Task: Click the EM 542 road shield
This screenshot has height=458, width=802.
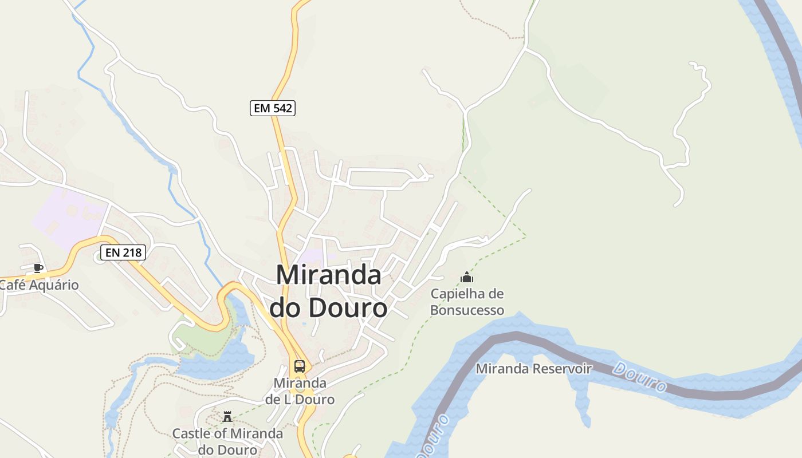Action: [273, 108]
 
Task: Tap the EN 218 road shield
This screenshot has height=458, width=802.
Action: [123, 252]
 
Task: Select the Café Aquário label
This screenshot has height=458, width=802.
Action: [40, 285]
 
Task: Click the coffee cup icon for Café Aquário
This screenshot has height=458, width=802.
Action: [38, 267]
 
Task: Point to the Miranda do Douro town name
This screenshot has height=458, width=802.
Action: [328, 291]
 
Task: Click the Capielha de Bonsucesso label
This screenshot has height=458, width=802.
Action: [467, 302]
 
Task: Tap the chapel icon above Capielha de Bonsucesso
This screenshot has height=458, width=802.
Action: [467, 278]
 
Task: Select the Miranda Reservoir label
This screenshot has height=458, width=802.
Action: [533, 368]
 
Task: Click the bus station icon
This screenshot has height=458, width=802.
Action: [299, 366]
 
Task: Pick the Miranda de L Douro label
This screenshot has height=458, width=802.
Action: [300, 391]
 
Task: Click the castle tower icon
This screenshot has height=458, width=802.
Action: [227, 416]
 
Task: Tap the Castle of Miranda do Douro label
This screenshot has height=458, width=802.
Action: [227, 441]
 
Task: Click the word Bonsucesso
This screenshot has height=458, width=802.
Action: [467, 310]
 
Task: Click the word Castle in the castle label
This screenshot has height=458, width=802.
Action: [192, 433]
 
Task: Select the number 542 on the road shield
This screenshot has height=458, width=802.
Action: [281, 108]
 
